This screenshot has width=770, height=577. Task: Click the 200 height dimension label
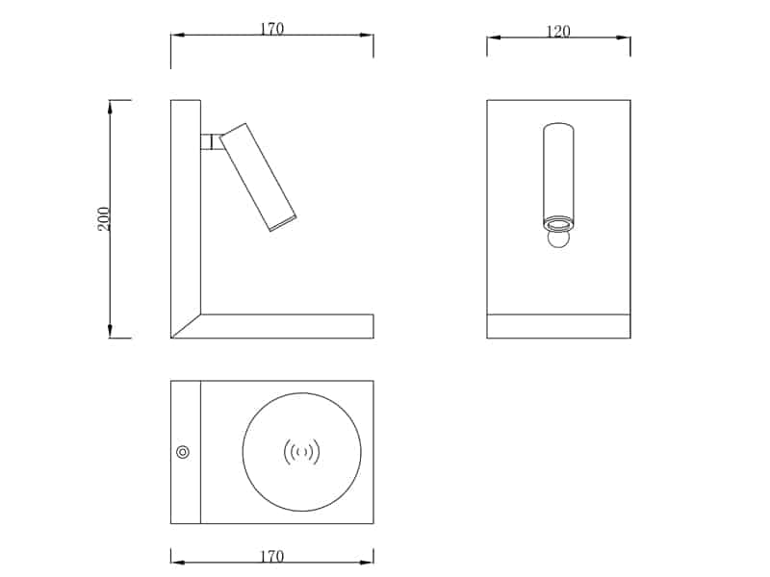[104, 218]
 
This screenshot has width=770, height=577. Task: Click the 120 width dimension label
[558, 32]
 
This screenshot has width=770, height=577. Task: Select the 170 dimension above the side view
[271, 29]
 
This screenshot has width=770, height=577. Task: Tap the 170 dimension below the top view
[271, 556]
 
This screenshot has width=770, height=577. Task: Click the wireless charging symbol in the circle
[301, 451]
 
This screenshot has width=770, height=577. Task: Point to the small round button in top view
[183, 452]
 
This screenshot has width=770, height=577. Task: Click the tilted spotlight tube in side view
[257, 176]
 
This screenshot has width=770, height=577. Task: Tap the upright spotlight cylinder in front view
[558, 173]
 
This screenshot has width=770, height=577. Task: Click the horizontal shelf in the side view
[289, 326]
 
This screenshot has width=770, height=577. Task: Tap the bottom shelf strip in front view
[558, 326]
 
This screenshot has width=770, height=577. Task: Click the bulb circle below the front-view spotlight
[558, 238]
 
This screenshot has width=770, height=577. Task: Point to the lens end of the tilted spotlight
[283, 223]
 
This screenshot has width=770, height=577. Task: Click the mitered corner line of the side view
[186, 326]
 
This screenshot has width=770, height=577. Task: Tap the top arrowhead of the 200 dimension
[111, 107]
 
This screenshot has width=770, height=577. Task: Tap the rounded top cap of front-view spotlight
[558, 127]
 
